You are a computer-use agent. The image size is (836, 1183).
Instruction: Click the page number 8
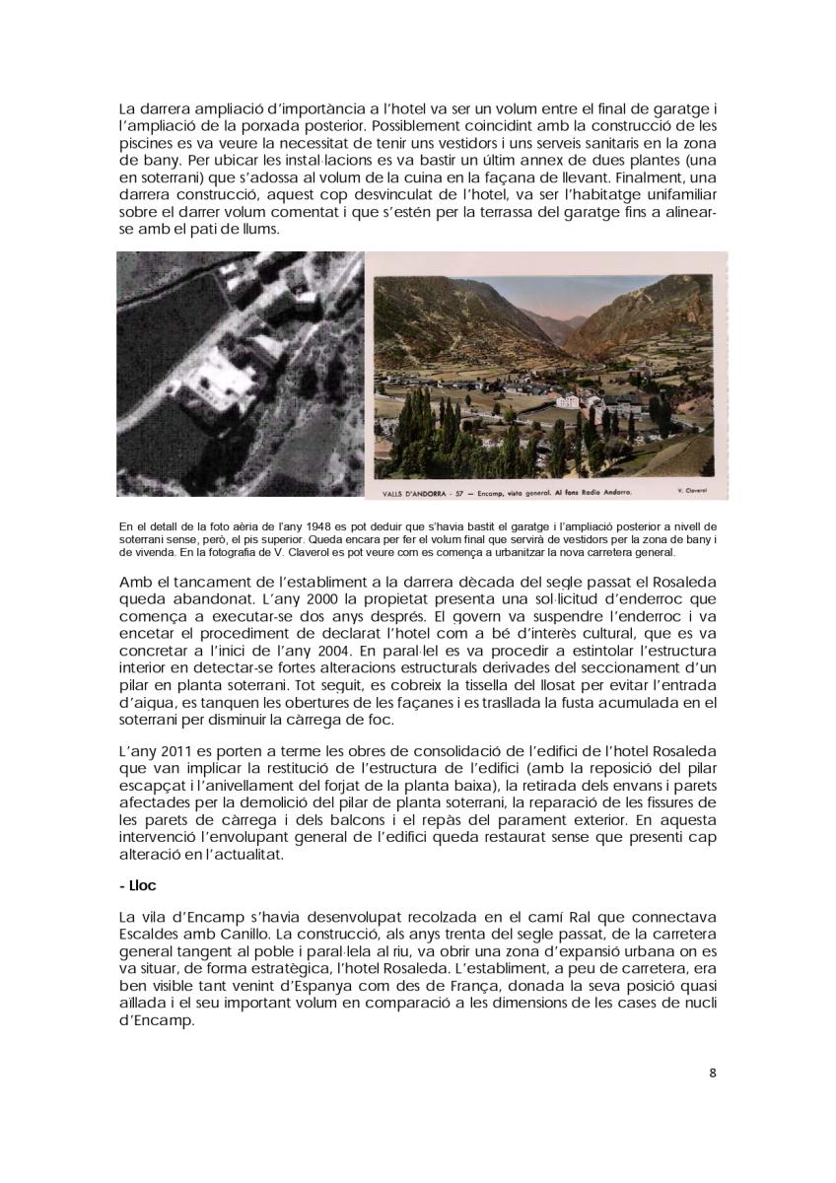(x=713, y=1074)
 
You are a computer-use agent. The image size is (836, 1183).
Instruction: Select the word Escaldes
(x=147, y=934)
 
